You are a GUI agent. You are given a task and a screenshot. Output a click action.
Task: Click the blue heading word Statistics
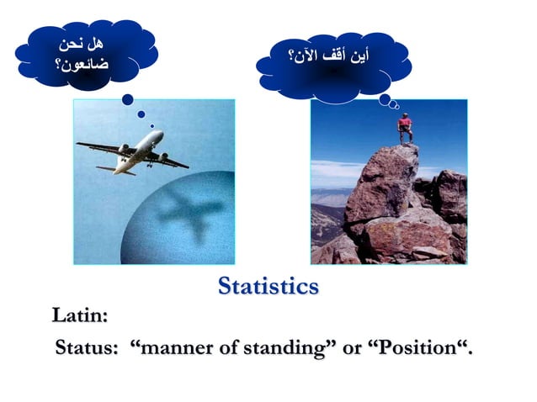coord(268,287)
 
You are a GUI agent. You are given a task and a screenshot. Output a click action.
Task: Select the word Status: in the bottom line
coord(86,347)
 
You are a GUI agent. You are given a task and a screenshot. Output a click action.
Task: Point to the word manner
coord(173,347)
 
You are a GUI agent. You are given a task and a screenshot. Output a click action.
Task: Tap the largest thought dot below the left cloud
coord(128,99)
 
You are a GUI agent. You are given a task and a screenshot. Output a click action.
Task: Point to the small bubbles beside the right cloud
coord(389,101)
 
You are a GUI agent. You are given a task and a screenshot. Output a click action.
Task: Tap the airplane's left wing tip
coord(80,145)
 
